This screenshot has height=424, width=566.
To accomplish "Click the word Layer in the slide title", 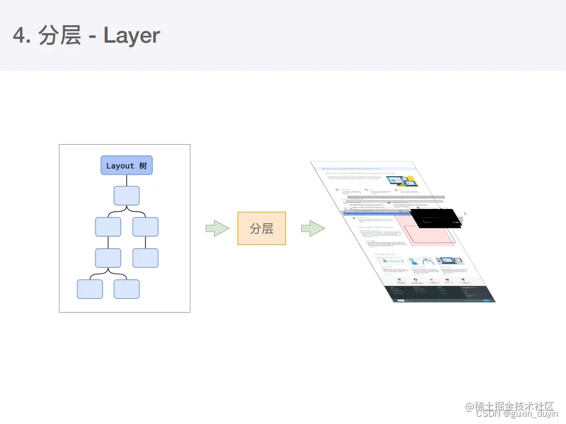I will (x=132, y=35).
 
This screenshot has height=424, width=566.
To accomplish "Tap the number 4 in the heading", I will (x=19, y=35).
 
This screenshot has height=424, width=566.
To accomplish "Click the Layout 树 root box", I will (x=127, y=165).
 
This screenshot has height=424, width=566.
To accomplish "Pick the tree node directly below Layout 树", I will (x=127, y=196).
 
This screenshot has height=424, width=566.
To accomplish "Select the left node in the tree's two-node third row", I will (x=108, y=227).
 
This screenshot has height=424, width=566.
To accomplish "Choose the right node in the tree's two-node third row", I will (x=145, y=227).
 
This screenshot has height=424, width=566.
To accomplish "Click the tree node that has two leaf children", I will (x=108, y=258).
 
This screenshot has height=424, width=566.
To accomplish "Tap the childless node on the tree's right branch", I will (x=145, y=258).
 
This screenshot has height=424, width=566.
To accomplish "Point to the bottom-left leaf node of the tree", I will (x=90, y=289).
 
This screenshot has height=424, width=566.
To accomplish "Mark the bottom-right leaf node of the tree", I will (x=127, y=289).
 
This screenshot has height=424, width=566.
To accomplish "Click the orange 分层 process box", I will (x=261, y=228).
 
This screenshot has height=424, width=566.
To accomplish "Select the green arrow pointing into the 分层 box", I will (x=217, y=228).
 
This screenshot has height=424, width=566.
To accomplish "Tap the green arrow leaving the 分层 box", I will (x=312, y=228).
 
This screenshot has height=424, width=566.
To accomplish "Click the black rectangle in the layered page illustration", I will (x=436, y=218).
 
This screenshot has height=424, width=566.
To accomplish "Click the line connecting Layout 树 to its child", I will (x=127, y=180).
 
